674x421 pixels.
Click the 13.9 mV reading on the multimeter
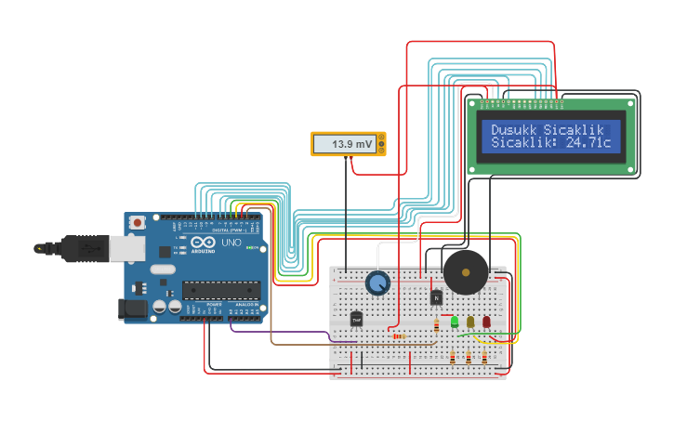[x=352, y=144]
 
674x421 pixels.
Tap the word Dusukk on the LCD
[x=514, y=129]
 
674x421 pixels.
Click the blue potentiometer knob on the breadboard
[x=377, y=283]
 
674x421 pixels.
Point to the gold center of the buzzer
[x=465, y=271]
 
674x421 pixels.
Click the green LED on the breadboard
[x=455, y=322]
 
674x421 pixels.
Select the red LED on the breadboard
[x=486, y=322]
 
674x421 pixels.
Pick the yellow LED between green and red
[x=470, y=322]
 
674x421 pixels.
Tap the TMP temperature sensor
[x=356, y=319]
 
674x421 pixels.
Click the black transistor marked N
[x=436, y=297]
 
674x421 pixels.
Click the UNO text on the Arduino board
[x=230, y=243]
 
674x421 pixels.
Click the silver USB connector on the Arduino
[x=128, y=247]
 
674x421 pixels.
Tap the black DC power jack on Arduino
[x=133, y=309]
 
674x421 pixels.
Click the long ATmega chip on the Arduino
[x=219, y=290]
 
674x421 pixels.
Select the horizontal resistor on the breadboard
[x=398, y=336]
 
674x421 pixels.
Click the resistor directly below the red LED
[x=484, y=357]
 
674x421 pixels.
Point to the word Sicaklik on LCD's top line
[x=574, y=129]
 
